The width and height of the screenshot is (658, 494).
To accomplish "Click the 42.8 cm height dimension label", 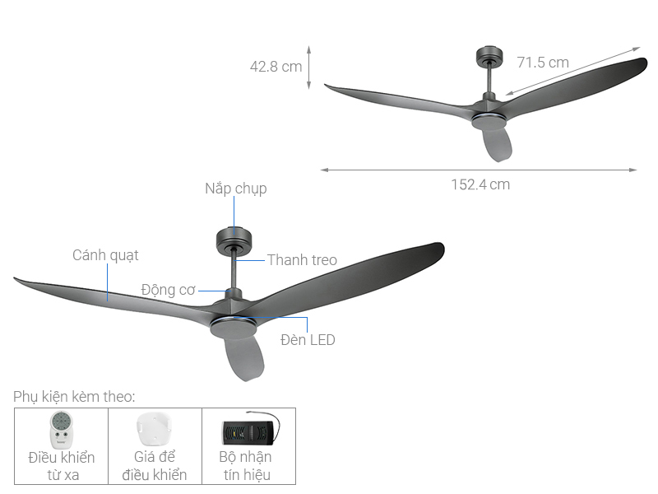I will click(x=276, y=67).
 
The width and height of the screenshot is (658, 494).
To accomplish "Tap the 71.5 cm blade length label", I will click(x=543, y=62).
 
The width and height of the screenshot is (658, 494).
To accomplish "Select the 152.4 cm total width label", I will click(x=480, y=184).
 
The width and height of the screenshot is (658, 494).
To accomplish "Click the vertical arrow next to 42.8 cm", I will click(x=309, y=67).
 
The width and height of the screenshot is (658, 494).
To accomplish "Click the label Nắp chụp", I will click(x=235, y=189).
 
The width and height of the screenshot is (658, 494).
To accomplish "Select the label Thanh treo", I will click(x=302, y=260).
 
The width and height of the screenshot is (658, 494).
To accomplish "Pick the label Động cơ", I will click(x=169, y=290).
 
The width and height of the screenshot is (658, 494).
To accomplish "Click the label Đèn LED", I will click(x=308, y=339).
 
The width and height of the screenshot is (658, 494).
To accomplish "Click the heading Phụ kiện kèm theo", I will click(x=74, y=397).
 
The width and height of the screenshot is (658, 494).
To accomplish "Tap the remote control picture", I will click(x=61, y=429).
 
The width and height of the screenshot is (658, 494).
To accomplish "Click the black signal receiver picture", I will click(x=248, y=430).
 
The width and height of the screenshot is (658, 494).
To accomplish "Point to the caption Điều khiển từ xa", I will click(x=62, y=466).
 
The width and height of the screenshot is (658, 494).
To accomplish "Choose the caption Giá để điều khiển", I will click(x=155, y=466).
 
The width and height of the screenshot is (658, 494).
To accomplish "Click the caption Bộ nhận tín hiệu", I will click(x=246, y=466).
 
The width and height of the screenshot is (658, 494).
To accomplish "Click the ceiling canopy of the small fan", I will click(x=489, y=56).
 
